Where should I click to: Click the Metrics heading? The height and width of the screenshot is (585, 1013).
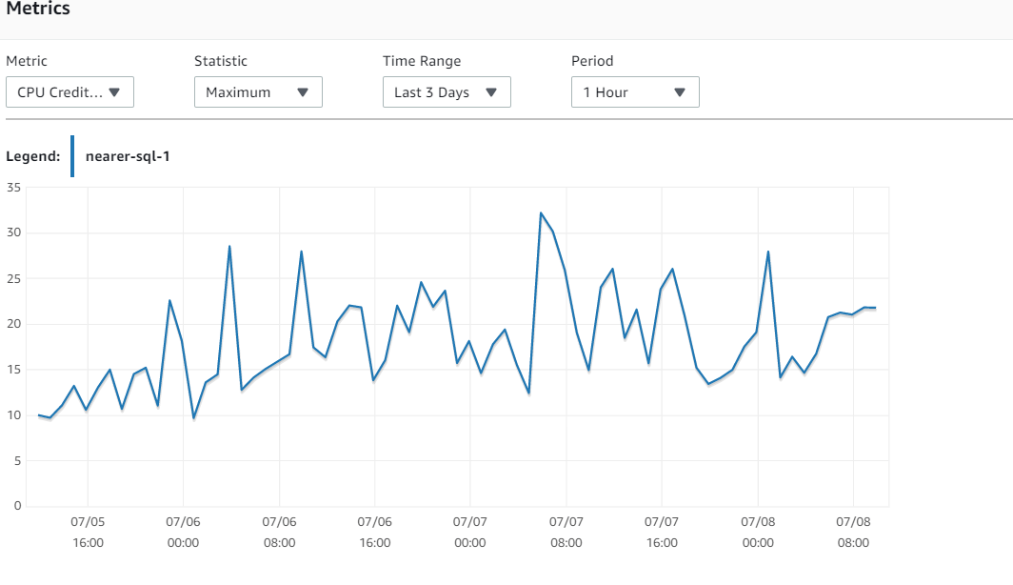point(37,9)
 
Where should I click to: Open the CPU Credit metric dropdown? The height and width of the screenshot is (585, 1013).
point(70,92)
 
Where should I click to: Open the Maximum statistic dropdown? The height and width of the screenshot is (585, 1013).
point(258,92)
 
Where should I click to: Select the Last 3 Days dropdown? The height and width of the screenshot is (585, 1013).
point(447,92)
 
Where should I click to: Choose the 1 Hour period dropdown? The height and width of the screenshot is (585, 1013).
point(635,92)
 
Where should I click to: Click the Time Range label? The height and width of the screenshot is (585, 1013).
point(421,61)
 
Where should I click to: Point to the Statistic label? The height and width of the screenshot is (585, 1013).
point(221,61)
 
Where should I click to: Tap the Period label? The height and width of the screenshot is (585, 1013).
point(592,61)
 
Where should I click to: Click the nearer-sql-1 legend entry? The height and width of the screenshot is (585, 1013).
point(128,156)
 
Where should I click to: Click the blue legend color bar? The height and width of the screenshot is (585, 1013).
point(72,156)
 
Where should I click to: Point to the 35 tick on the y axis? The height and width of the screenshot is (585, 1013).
point(13,188)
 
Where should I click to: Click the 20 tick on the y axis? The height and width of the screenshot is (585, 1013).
point(13,324)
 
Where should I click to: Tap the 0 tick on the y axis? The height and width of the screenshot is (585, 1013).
point(17,506)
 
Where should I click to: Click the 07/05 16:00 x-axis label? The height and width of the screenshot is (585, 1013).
point(88,533)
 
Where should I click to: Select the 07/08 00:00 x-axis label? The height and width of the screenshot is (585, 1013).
point(757,533)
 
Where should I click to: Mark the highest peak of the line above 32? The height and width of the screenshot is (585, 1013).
point(541,212)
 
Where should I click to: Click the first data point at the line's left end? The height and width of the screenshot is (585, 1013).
point(39,415)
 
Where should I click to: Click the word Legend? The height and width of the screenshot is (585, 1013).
point(33,156)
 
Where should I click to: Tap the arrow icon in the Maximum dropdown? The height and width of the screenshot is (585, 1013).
point(303,92)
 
